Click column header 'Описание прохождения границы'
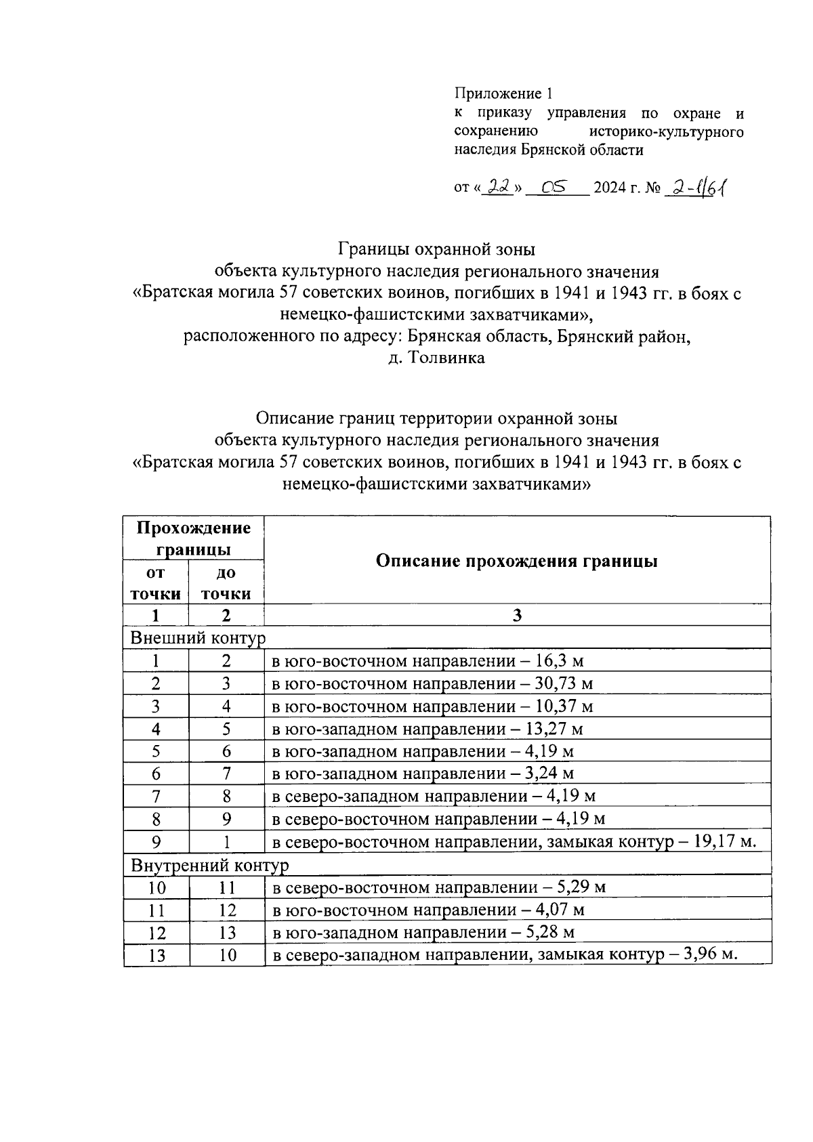516,561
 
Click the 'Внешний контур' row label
198,638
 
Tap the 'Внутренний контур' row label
209,865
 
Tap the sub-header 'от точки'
156,583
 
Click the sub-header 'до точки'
226,583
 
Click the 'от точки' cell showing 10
157,887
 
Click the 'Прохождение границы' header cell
193,538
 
